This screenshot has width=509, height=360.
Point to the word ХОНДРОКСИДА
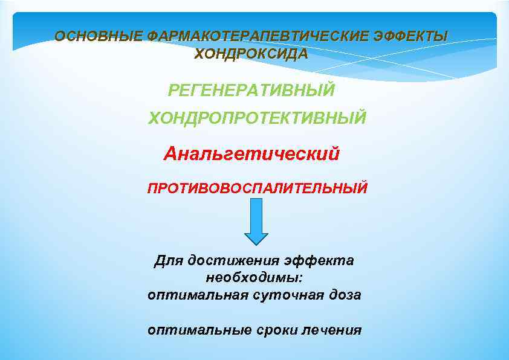(251, 54)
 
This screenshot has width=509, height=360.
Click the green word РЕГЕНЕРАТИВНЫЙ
(251, 91)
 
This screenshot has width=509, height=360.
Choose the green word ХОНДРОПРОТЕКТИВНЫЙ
(258, 117)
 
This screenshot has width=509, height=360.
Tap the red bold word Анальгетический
(251, 153)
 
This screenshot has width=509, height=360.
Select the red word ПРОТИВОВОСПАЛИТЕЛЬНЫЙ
(257, 188)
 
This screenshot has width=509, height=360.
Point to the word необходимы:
(254, 278)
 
